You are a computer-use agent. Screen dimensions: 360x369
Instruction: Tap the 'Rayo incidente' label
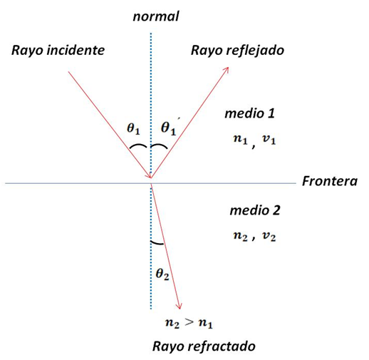(58, 50)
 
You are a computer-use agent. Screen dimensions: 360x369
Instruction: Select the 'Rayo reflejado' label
(237, 51)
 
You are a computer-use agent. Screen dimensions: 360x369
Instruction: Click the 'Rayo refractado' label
(203, 346)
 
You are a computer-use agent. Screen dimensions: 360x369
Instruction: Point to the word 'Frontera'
(329, 181)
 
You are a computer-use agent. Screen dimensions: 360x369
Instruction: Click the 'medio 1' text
(249, 113)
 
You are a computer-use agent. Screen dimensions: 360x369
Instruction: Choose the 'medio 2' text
(254, 211)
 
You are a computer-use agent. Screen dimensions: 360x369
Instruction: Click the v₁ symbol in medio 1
(269, 140)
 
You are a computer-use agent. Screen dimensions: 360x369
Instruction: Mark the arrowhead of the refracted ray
(182, 305)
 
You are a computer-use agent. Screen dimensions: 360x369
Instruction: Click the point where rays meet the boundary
(151, 182)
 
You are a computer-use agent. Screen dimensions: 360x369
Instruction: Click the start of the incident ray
(68, 71)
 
